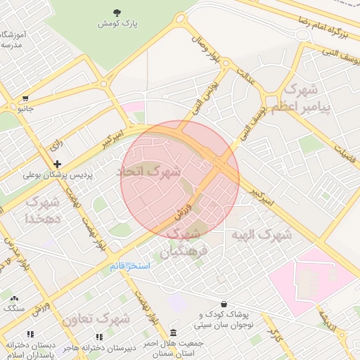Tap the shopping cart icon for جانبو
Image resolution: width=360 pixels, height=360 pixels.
[x=26, y=98]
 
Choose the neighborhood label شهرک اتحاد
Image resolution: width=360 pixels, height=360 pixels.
[x=149, y=171]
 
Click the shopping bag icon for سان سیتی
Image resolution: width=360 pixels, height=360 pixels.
[x=224, y=304]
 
